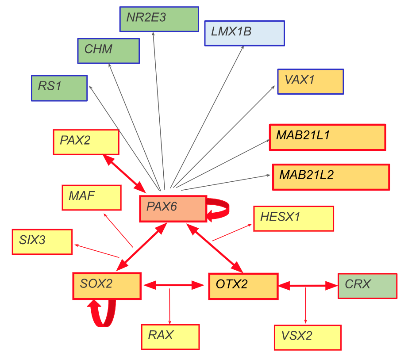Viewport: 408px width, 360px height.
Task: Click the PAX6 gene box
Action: point(173,208)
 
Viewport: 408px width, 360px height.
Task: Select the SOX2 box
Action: point(107,286)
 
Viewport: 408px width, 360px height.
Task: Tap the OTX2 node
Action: point(243,287)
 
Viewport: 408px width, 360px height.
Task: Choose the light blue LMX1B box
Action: point(244,33)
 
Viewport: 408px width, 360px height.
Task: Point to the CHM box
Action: point(108,50)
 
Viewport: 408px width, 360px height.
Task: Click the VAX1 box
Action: point(310,81)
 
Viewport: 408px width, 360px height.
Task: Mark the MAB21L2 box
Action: point(331,177)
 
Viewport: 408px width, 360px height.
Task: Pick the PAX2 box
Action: point(86,142)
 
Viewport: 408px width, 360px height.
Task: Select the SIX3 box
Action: point(42,242)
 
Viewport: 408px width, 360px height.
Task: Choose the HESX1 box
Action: point(293,218)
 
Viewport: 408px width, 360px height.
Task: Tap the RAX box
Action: point(170,337)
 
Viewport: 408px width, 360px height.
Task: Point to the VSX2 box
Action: point(308,337)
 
